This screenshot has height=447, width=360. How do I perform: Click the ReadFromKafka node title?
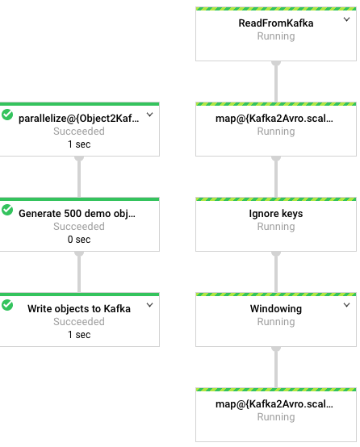coord(275,23)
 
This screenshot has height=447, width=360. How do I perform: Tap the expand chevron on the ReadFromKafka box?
coord(348,19)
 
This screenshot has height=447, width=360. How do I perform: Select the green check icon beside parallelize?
coord(8,115)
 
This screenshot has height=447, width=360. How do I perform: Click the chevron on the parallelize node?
coord(149,115)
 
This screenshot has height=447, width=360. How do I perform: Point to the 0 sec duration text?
coord(79,240)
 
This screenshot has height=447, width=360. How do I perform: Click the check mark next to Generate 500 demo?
coord(8,211)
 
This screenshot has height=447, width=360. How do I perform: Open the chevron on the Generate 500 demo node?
coord(149,211)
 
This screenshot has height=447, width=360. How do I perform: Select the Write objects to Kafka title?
coord(79,308)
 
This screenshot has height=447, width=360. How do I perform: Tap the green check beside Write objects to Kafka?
coord(8,305)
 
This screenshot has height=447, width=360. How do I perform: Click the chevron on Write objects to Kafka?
coord(149,305)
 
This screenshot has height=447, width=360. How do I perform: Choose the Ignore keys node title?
coord(275,214)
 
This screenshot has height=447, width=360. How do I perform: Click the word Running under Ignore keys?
coord(275,227)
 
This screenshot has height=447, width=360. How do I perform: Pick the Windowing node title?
coord(275,308)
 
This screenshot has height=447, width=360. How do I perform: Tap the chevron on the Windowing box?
coord(348,304)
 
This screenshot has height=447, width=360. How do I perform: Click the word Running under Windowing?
coord(275,322)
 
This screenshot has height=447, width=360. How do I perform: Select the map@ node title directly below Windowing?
coord(275,403)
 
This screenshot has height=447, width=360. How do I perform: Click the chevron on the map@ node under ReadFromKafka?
coord(348,115)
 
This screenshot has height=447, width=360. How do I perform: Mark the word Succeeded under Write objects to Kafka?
coord(79,322)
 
